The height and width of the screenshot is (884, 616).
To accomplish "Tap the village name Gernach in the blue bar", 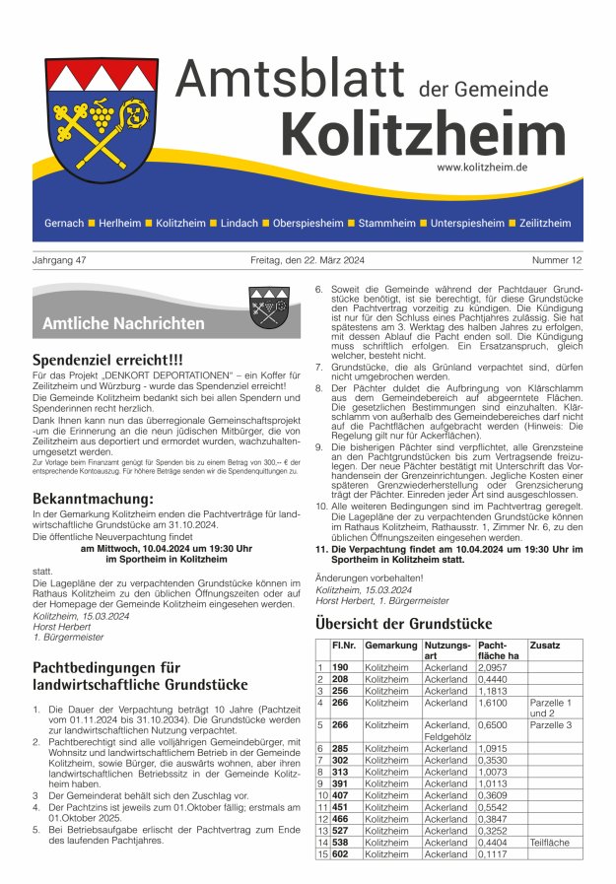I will click(x=64, y=224).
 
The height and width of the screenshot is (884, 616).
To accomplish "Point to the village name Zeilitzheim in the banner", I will click(x=545, y=224).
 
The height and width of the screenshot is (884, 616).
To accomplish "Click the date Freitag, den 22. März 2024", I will click(x=307, y=260).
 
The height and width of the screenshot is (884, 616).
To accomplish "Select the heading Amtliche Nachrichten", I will click(x=123, y=323).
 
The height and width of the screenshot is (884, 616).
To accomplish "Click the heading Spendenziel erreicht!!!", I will click(x=121, y=360).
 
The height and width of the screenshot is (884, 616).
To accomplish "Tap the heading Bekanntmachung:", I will click(x=94, y=499).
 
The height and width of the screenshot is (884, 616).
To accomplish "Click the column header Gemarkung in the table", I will click(x=390, y=645).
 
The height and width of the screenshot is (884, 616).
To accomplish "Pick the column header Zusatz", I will click(x=545, y=645).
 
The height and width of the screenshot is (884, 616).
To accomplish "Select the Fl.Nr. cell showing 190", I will click(x=341, y=667).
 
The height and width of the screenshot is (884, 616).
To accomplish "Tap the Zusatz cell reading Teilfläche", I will click(x=550, y=843).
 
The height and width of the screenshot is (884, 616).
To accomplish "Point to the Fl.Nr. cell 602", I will click(x=341, y=854).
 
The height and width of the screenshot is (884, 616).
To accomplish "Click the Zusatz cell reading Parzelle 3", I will click(x=550, y=724).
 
